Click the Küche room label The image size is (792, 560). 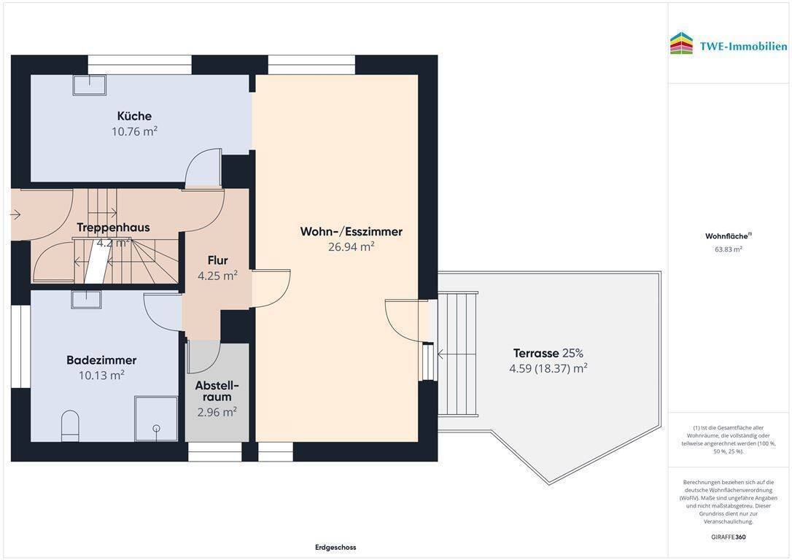pos(134,116)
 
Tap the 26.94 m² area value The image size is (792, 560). pos(351,246)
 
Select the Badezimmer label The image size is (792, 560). pos(101,360)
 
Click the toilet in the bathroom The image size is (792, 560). pos(70,425)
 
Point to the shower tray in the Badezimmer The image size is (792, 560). pos(156,419)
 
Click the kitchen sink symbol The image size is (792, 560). pos(90,85)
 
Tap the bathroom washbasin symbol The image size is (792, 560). pos(86,300)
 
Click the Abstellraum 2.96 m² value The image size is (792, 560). pos(217,412)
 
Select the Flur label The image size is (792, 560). pos(218,260)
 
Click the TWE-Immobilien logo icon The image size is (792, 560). pos(682,44)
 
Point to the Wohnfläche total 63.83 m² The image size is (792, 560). pos(729,249)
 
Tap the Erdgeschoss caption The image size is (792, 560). pos(335,547)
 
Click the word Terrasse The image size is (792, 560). pos(536,353)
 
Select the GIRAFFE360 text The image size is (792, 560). pos(729,537)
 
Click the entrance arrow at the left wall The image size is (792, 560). pos(15,215)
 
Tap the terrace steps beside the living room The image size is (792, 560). pos(457,353)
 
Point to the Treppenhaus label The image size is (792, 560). pos(113,227)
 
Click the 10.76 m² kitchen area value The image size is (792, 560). pos(134,131)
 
